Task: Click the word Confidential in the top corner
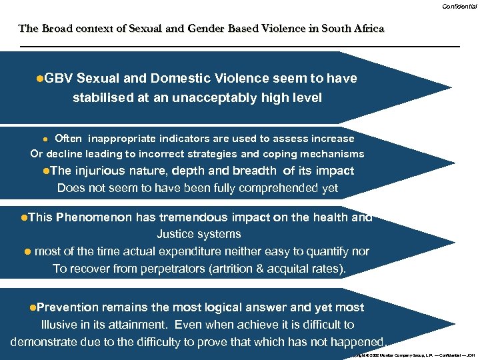coord(459,6)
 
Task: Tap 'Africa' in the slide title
coord(367,29)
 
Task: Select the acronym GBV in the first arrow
coord(58,78)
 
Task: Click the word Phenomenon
coord(93,217)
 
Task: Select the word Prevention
coord(68,307)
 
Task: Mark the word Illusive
coord(58,325)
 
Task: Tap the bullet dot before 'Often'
coord(45,139)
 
